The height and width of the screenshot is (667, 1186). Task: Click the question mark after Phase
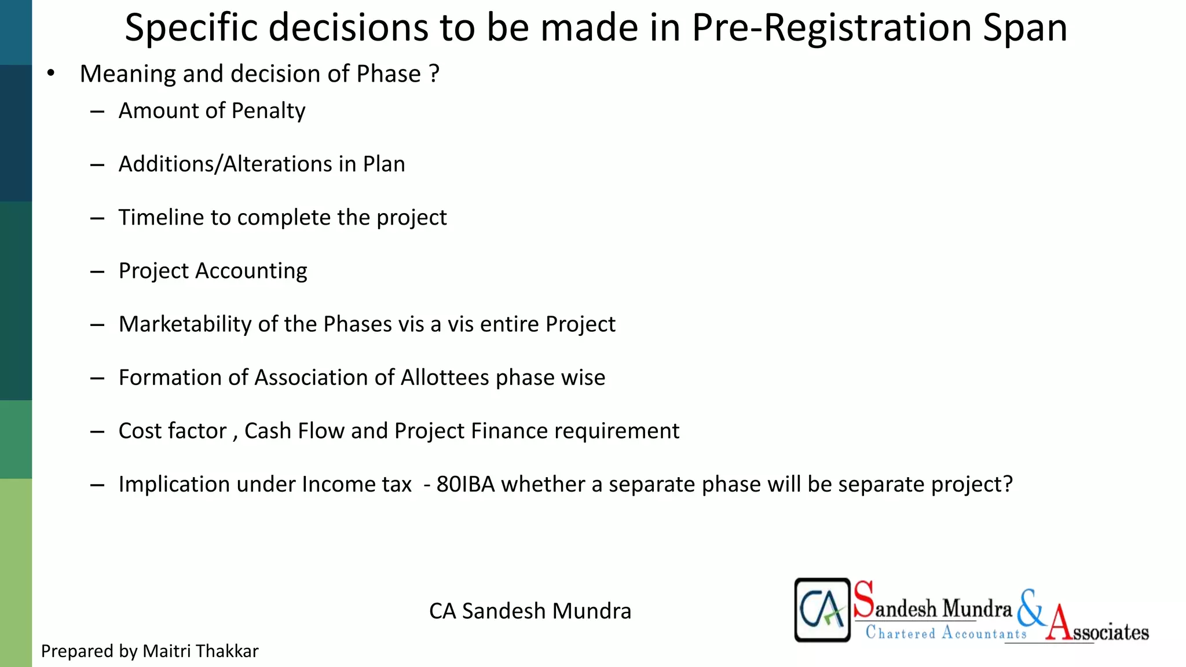click(x=434, y=74)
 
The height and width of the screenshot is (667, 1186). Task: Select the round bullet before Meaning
click(x=51, y=74)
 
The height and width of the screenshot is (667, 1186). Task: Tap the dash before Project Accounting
click(x=97, y=272)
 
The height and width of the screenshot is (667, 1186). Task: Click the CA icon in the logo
click(x=822, y=610)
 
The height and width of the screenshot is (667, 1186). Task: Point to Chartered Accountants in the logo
click(x=946, y=633)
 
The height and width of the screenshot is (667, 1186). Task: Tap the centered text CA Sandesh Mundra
click(x=530, y=611)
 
